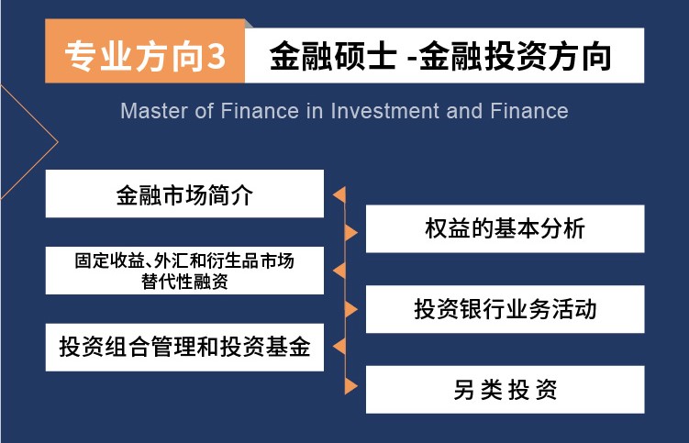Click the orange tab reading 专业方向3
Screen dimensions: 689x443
point(145,51)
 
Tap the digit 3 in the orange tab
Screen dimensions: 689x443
point(216,57)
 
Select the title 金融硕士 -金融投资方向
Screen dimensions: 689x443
point(440,56)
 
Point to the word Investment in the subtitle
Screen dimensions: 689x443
point(384,111)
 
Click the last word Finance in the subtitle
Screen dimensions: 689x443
point(529,111)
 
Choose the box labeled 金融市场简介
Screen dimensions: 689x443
point(184,194)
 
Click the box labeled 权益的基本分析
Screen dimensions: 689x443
point(505,228)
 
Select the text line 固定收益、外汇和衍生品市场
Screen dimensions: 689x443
point(184,260)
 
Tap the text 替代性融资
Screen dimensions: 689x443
point(184,282)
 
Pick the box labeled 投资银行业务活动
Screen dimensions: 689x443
point(505,309)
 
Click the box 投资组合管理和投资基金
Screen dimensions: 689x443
point(184,348)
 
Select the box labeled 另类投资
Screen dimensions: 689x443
point(505,390)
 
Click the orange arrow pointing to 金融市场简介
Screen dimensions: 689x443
point(339,194)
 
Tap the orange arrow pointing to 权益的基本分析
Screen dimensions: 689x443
point(350,232)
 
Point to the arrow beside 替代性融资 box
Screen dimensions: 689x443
point(339,271)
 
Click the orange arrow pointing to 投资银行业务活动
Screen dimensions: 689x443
point(350,309)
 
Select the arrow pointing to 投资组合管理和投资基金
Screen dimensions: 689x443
point(339,347)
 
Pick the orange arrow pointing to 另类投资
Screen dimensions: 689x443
point(350,386)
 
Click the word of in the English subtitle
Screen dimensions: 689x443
point(204,111)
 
